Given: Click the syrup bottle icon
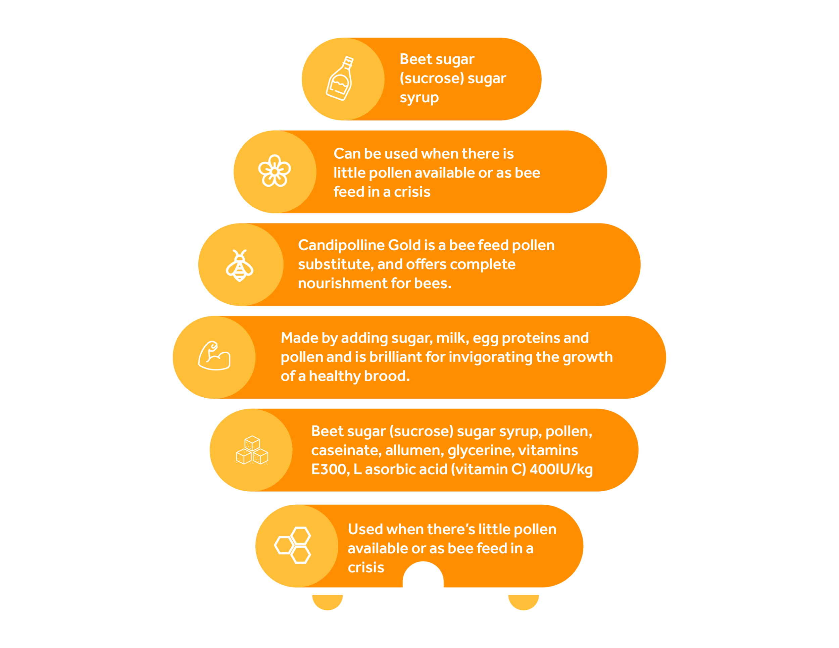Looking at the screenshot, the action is coord(340,79).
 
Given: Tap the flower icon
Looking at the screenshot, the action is coord(274,171).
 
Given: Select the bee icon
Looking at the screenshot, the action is coord(239,265).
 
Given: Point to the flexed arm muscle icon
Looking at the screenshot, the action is coord(214,356).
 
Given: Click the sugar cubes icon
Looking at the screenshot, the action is coord(252,450).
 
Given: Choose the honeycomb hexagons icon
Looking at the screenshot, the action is coord(293,545).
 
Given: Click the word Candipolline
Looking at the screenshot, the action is coord(341,245).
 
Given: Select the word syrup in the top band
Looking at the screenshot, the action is coord(419,98).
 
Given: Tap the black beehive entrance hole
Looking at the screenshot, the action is coord(423,576).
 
